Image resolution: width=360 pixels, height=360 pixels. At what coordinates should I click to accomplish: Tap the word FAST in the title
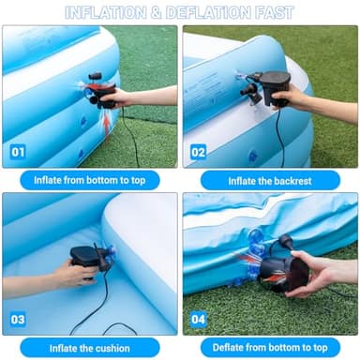pyautogui.click(x=273, y=13)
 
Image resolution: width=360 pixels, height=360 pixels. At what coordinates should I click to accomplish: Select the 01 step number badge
pyautogui.click(x=18, y=152)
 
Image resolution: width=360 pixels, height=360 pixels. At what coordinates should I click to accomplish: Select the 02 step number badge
pyautogui.click(x=198, y=152)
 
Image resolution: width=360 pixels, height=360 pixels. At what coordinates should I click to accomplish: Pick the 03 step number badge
pyautogui.click(x=18, y=319)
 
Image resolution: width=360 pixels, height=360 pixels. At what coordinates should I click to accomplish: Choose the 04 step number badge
pyautogui.click(x=198, y=319)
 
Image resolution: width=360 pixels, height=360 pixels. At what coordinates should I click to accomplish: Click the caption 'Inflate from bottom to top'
pyautogui.click(x=90, y=180)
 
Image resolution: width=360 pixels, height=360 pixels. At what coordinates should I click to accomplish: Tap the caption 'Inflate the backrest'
pyautogui.click(x=270, y=180)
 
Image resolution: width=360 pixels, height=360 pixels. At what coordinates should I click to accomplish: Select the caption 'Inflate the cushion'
pyautogui.click(x=90, y=347)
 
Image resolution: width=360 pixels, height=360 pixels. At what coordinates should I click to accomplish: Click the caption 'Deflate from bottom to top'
pyautogui.click(x=270, y=347)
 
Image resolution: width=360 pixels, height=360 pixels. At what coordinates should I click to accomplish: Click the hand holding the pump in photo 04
pyautogui.click(x=319, y=274)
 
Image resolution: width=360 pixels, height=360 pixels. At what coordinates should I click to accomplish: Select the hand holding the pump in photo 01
pyautogui.click(x=122, y=97)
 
